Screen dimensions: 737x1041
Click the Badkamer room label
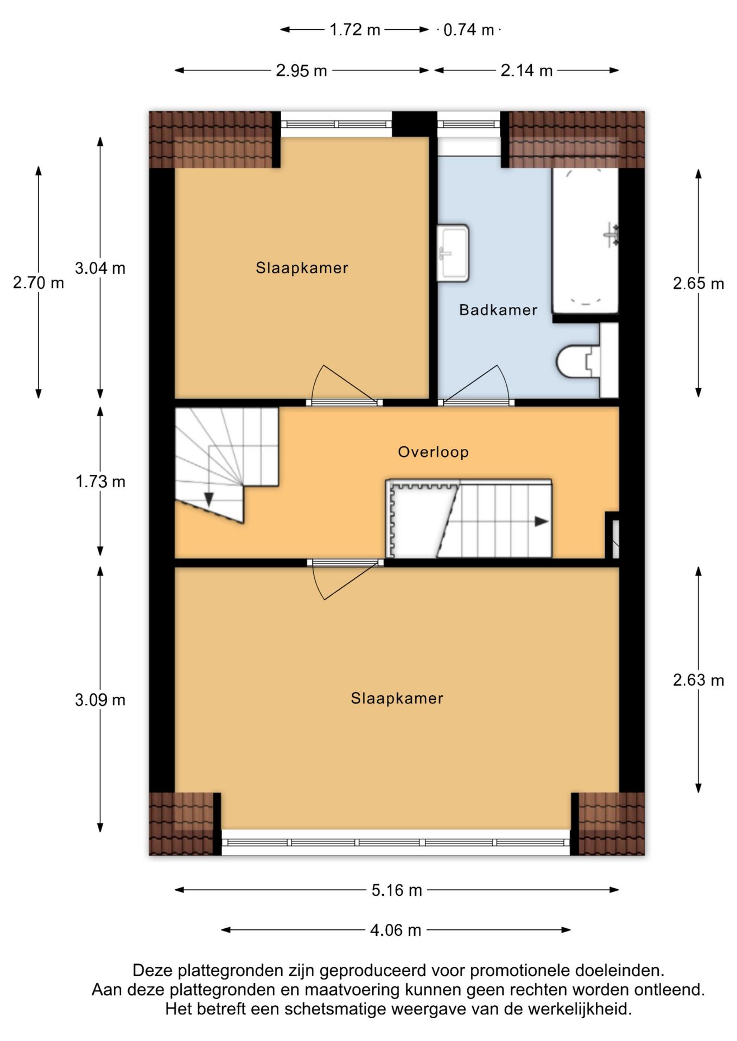point(498,310)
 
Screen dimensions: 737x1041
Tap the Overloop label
point(433,452)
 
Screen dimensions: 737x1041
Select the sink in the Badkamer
point(453,253)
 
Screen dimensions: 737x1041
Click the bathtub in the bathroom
point(586,241)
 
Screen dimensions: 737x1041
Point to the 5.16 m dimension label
point(397,890)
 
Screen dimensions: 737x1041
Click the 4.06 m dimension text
point(396,930)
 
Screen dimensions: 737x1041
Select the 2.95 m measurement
point(301,70)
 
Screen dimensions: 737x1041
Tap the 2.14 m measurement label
point(526,70)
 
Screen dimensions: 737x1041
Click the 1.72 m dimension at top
point(355,29)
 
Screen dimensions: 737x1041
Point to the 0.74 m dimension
point(469,29)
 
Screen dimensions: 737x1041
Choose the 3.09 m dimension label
point(100,699)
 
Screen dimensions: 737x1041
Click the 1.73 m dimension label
point(100,481)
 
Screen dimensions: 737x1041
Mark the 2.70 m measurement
point(39,282)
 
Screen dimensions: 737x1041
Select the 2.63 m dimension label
point(698,680)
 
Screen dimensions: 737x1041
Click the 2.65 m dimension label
point(698,283)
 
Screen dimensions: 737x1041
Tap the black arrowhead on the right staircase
point(542,522)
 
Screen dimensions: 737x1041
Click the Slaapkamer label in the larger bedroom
point(397,698)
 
